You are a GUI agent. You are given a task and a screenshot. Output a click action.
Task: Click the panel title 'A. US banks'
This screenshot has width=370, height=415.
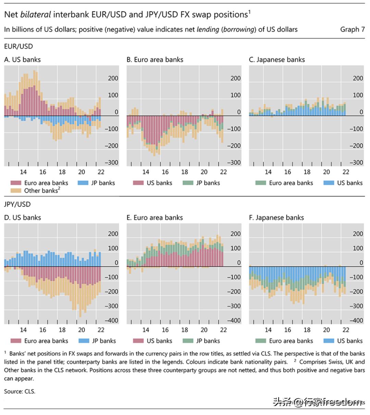pyautogui.click(x=22, y=60)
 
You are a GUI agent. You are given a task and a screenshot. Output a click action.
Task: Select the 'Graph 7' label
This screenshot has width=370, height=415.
pyautogui.click(x=352, y=29)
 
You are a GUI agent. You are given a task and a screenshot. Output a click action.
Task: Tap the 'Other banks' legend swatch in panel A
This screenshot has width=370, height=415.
pyautogui.click(x=16, y=191)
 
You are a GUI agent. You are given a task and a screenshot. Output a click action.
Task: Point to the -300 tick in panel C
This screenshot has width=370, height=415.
pyautogui.click(x=356, y=163)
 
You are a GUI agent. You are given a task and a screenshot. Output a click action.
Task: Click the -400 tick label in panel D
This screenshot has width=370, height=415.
pyautogui.click(x=111, y=321)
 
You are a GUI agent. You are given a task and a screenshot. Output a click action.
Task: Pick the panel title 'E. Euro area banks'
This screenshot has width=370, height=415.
pyautogui.click(x=155, y=218)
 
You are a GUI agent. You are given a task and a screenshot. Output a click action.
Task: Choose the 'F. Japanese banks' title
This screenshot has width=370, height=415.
pyautogui.click(x=276, y=218)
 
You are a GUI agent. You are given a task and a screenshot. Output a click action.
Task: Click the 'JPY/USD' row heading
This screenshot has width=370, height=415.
pyautogui.click(x=17, y=204)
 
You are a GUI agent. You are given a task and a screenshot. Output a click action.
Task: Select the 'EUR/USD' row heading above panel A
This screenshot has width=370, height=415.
pyautogui.click(x=18, y=46)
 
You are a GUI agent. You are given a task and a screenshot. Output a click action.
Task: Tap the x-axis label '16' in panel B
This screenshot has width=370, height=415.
pyautogui.click(x=165, y=172)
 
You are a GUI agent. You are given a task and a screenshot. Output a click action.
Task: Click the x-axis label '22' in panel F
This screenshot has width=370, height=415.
pyautogui.click(x=346, y=330)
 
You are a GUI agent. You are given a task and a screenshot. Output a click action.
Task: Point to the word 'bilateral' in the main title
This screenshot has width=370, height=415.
pyautogui.click(x=36, y=14)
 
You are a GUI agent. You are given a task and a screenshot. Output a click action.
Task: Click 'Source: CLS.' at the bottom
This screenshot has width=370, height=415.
pyautogui.click(x=20, y=391)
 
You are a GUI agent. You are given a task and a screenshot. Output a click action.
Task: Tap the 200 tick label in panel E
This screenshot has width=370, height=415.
pyautogui.click(x=235, y=234)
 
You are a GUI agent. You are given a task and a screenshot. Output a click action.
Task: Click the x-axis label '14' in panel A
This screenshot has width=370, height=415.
pyautogui.click(x=23, y=172)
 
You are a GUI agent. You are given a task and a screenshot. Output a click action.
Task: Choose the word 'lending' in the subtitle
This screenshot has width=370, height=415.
pyautogui.click(x=208, y=29)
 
